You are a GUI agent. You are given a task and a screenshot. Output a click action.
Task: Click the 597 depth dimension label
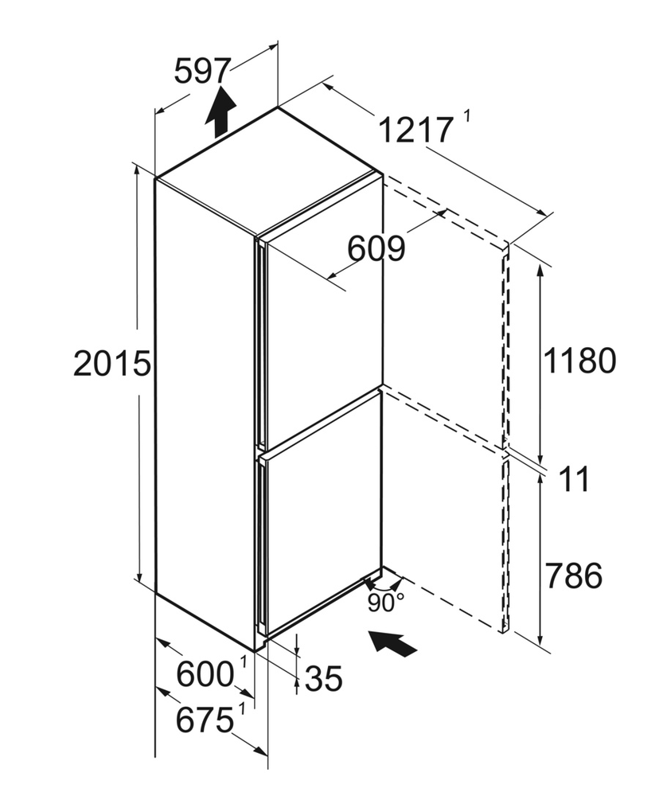202,71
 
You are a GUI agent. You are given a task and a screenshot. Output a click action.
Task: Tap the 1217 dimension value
415,130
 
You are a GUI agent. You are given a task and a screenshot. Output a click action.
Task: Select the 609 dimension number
376,248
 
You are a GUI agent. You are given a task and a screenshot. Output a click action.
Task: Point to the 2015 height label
112,364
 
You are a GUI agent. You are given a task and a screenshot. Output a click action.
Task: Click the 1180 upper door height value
579,361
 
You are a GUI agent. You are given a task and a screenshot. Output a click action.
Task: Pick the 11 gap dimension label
574,479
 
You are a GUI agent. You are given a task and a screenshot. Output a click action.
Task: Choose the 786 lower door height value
574,576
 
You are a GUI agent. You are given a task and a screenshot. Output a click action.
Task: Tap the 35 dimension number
324,678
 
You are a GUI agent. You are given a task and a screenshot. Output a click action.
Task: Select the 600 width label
205,675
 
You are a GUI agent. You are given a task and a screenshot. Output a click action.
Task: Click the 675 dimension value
205,720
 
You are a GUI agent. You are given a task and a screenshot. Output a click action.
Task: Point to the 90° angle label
386,603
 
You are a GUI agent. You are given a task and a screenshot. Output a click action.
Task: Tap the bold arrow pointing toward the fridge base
393,643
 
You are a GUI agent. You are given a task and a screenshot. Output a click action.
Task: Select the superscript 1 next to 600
244,662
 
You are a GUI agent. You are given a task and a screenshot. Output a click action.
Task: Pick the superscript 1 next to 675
242,708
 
